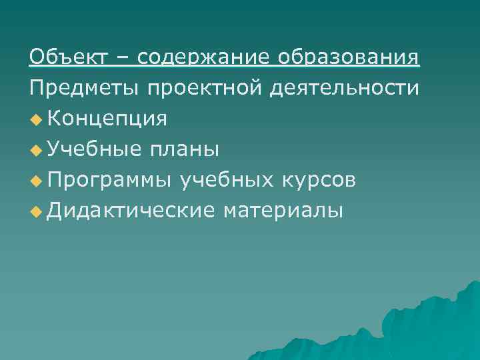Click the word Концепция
pyautogui.click(x=107, y=119)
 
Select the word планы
pyautogui.click(x=183, y=149)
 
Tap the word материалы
pyautogui.click(x=284, y=211)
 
